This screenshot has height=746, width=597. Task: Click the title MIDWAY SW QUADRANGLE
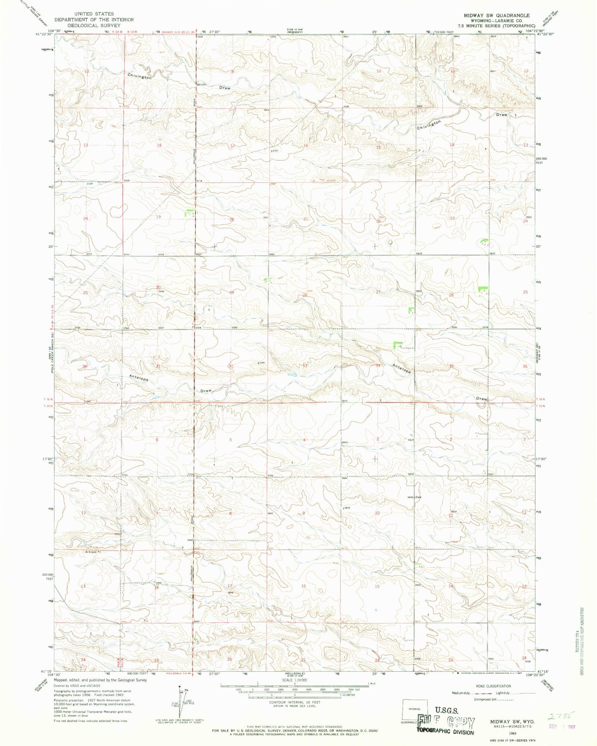[496, 15]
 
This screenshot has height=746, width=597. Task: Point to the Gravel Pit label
[93, 551]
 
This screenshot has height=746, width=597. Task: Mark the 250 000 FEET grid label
[542, 161]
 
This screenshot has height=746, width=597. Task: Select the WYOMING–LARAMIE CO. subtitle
[496, 20]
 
